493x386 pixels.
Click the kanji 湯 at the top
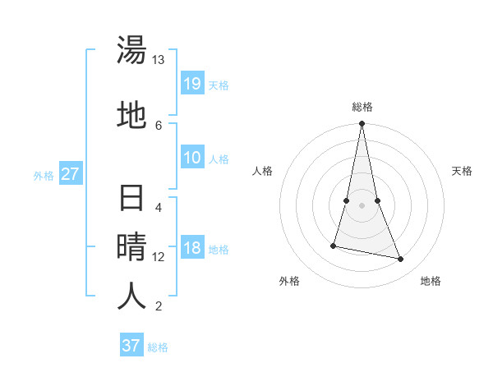(131, 51)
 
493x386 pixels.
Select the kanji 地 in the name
(131, 115)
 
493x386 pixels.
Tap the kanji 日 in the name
(131, 200)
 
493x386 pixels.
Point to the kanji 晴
(131, 246)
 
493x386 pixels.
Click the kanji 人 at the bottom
(131, 296)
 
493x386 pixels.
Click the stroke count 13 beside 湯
(159, 60)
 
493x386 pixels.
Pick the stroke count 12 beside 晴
(159, 256)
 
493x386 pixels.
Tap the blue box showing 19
(192, 83)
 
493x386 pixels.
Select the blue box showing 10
(192, 158)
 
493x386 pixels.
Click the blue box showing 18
(192, 248)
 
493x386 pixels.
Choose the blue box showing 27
(71, 173)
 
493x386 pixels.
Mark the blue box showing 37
(131, 345)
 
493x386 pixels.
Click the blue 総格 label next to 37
(158, 347)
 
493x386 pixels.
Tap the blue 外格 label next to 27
(44, 175)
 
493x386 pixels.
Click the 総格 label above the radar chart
(362, 107)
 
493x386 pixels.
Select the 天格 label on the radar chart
(463, 171)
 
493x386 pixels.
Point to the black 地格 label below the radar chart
(431, 281)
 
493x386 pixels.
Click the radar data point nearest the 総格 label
(362, 124)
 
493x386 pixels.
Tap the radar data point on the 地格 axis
(401, 259)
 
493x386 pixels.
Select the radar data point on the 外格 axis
(334, 245)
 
